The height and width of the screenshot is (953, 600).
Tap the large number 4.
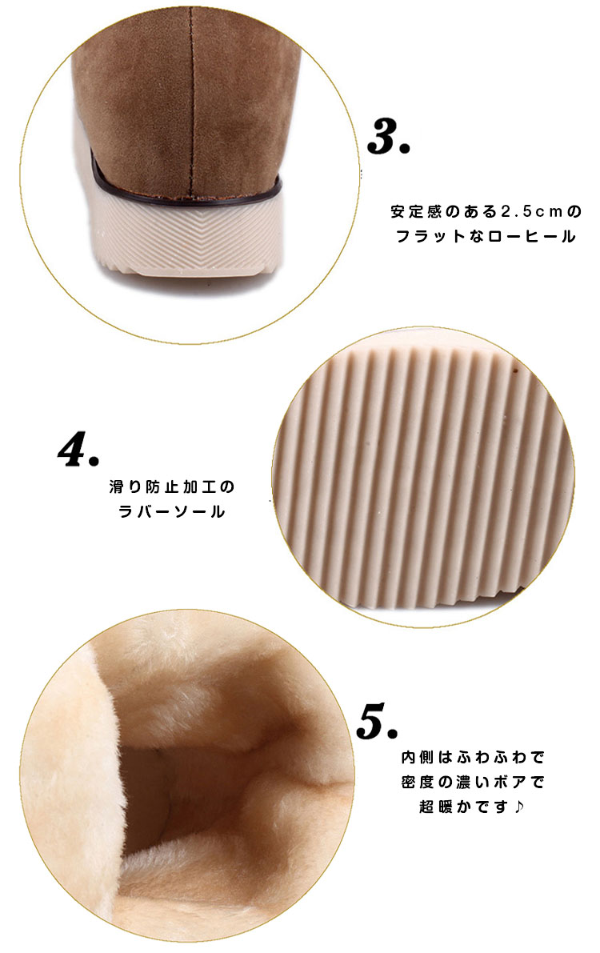click(78, 449)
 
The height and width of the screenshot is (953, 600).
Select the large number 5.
click(377, 721)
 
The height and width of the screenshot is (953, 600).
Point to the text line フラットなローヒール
click(486, 236)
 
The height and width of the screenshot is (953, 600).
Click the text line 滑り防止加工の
click(172, 487)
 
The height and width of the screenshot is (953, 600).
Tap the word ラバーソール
click(172, 512)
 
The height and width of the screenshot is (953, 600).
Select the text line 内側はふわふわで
click(472, 757)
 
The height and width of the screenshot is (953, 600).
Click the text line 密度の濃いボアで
click(472, 783)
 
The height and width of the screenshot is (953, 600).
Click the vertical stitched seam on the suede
click(191, 98)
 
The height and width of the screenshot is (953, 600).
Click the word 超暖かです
click(463, 807)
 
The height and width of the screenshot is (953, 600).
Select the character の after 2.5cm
click(574, 211)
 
